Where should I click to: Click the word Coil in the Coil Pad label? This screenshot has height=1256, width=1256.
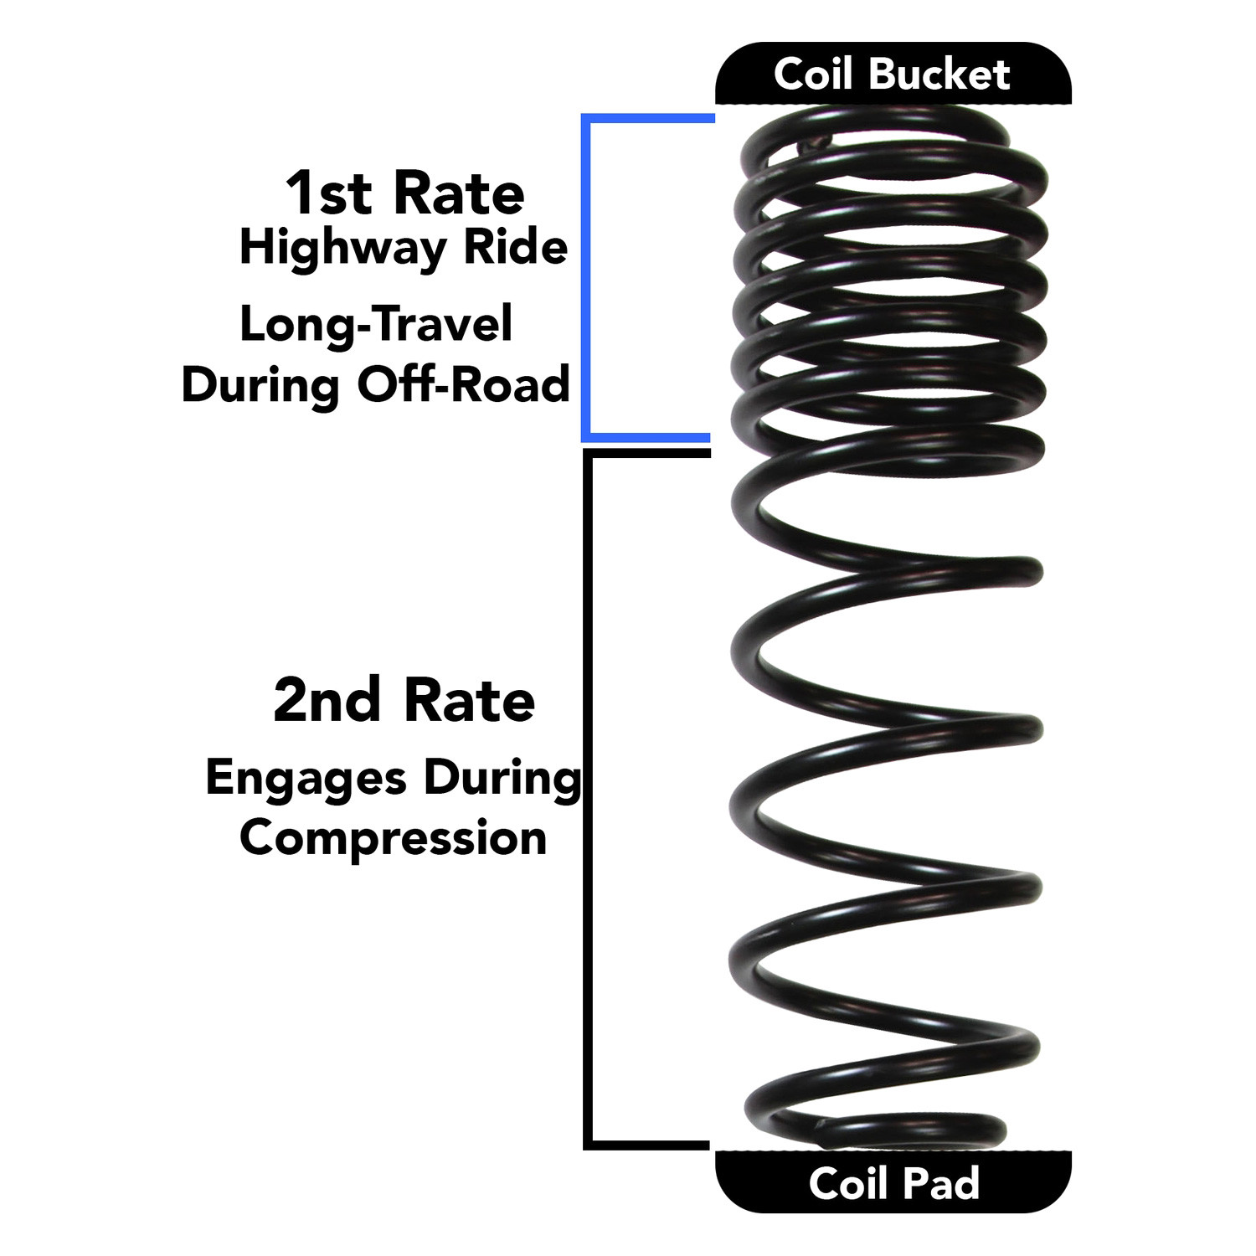[849, 1184]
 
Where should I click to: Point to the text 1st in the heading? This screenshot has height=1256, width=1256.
[328, 193]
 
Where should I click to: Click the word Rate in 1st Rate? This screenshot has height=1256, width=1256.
[459, 193]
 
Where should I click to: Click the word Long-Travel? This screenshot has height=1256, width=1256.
[376, 324]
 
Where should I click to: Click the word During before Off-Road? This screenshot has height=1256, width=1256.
[260, 386]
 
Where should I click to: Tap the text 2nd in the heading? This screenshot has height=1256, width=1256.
[327, 701]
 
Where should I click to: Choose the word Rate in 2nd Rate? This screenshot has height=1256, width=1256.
[469, 701]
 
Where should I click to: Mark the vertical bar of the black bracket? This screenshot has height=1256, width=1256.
[588, 799]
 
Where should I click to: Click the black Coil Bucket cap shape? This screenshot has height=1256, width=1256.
[893, 73]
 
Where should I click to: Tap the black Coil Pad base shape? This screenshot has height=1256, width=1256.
[893, 1182]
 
